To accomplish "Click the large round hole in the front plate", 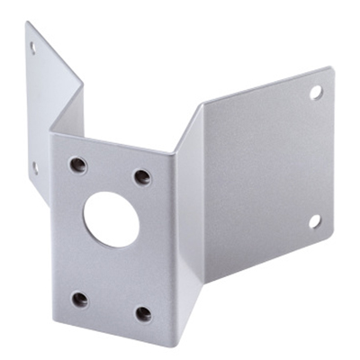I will [112, 219].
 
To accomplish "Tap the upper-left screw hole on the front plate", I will [78, 165].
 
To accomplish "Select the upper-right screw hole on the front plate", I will [142, 176].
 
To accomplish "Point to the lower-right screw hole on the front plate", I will [143, 313].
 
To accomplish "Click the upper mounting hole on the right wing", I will [316, 92].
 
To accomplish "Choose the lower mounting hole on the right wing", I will [315, 220].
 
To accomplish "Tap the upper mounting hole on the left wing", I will [33, 48].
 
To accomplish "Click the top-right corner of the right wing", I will [331, 69].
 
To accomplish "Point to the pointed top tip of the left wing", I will [27, 22].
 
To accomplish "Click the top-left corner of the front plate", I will [51, 135].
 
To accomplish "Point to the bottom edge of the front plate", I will [112, 332].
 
